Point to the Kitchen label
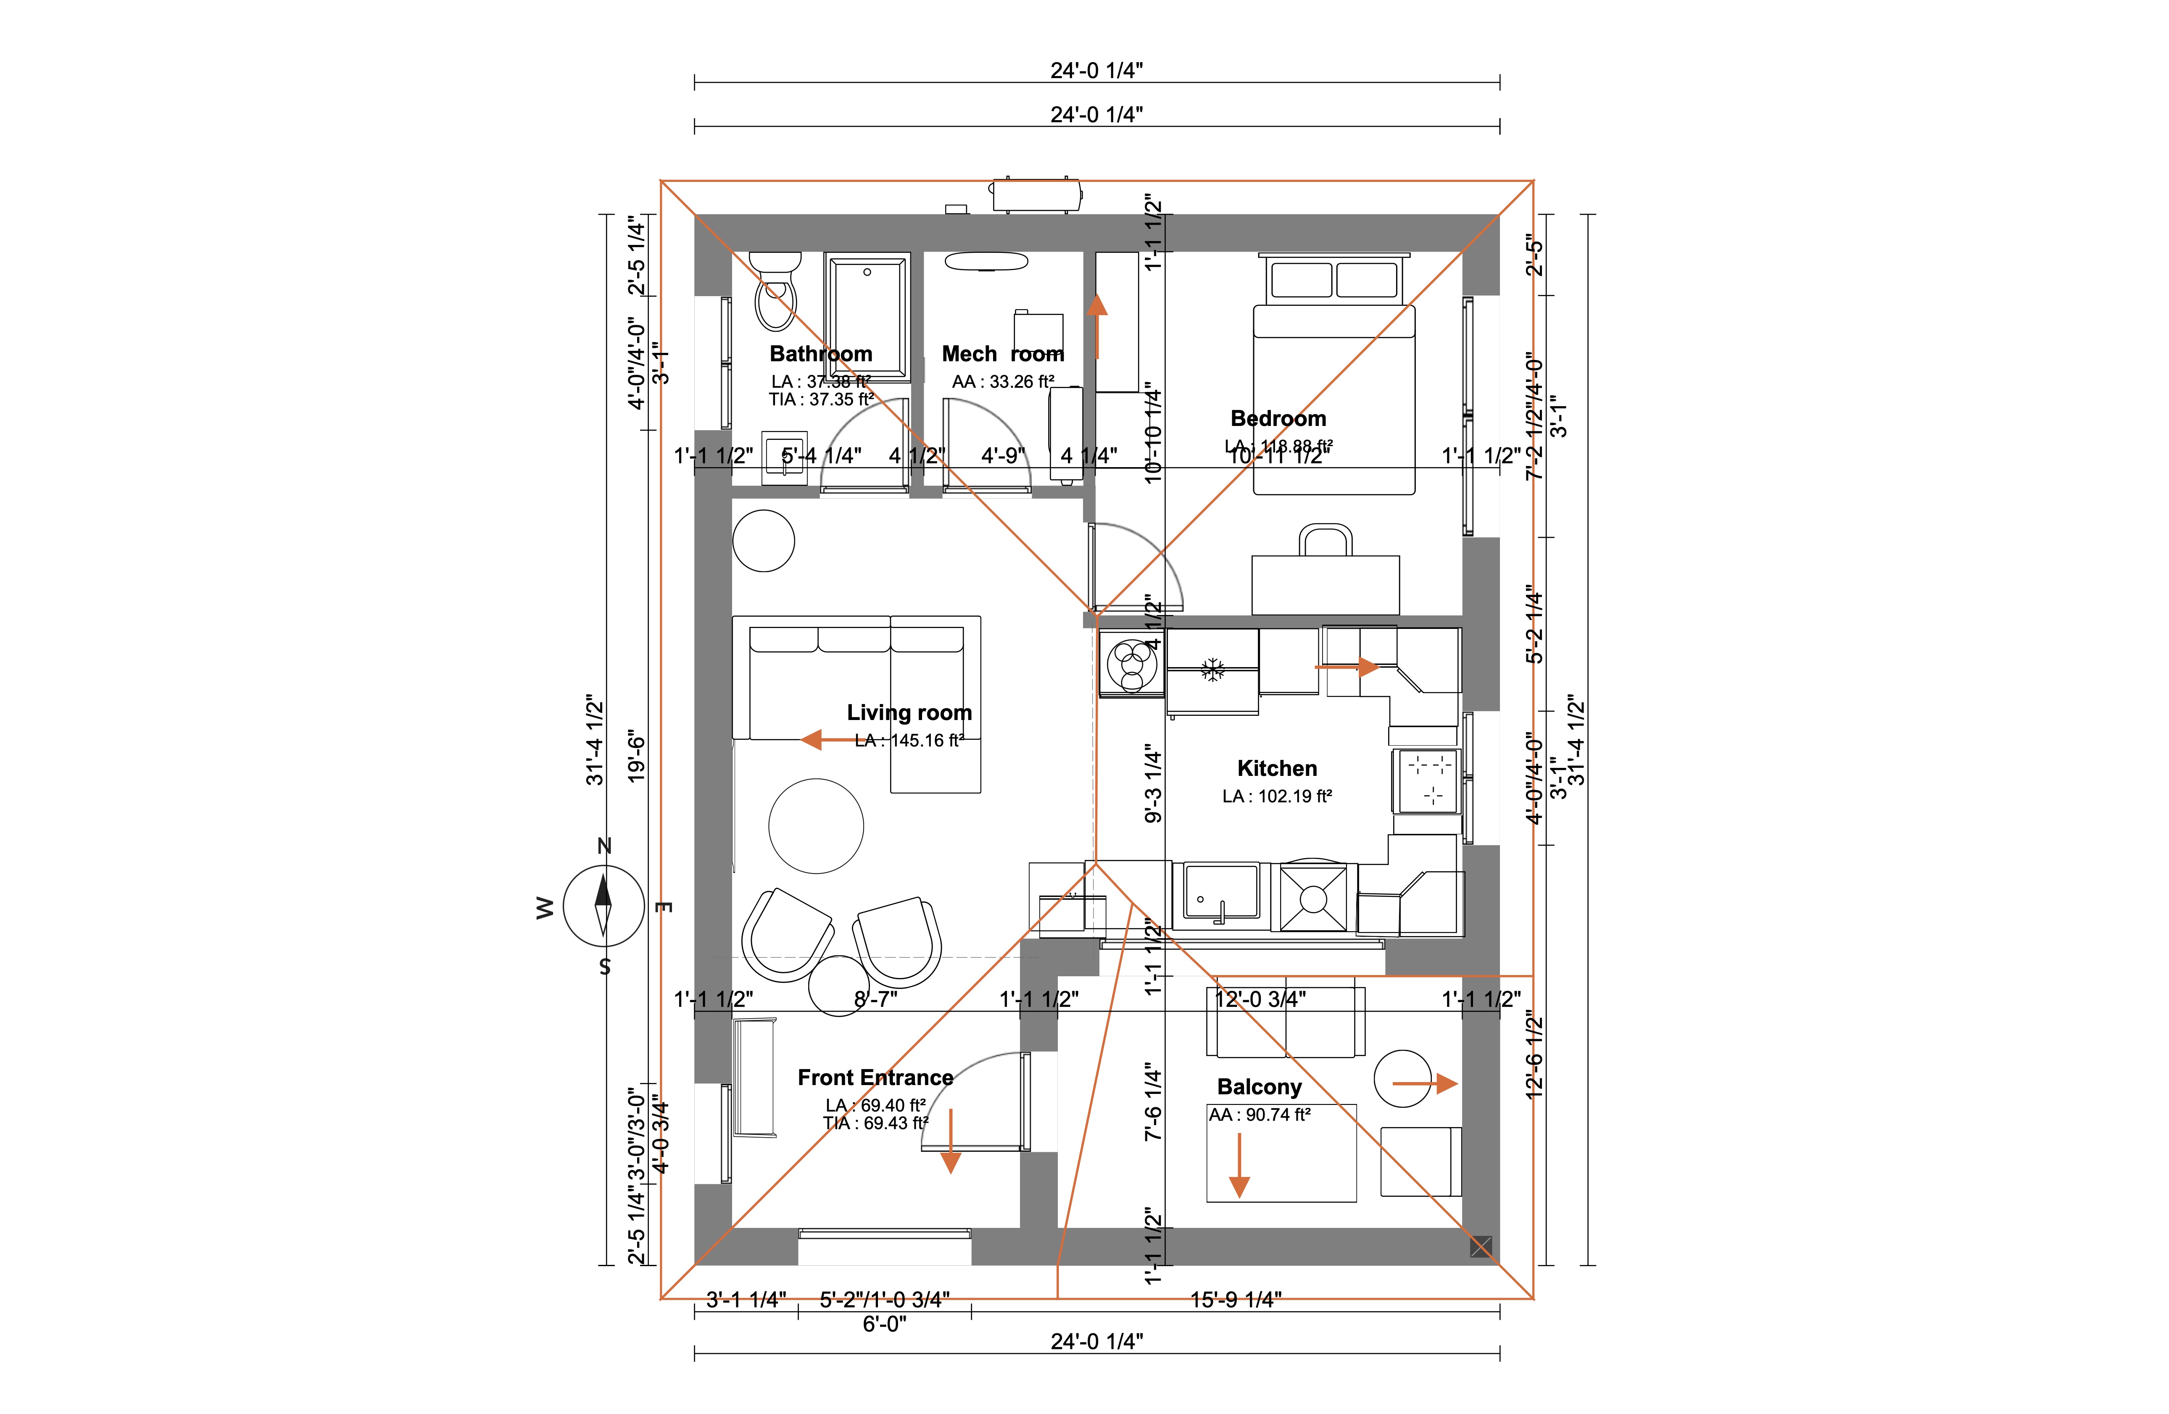(x=1277, y=768)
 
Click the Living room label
(x=909, y=712)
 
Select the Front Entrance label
(x=875, y=1078)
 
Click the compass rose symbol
(x=604, y=907)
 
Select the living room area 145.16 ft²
(x=909, y=741)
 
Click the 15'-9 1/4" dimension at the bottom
(x=1236, y=1300)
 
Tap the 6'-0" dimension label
(x=884, y=1324)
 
